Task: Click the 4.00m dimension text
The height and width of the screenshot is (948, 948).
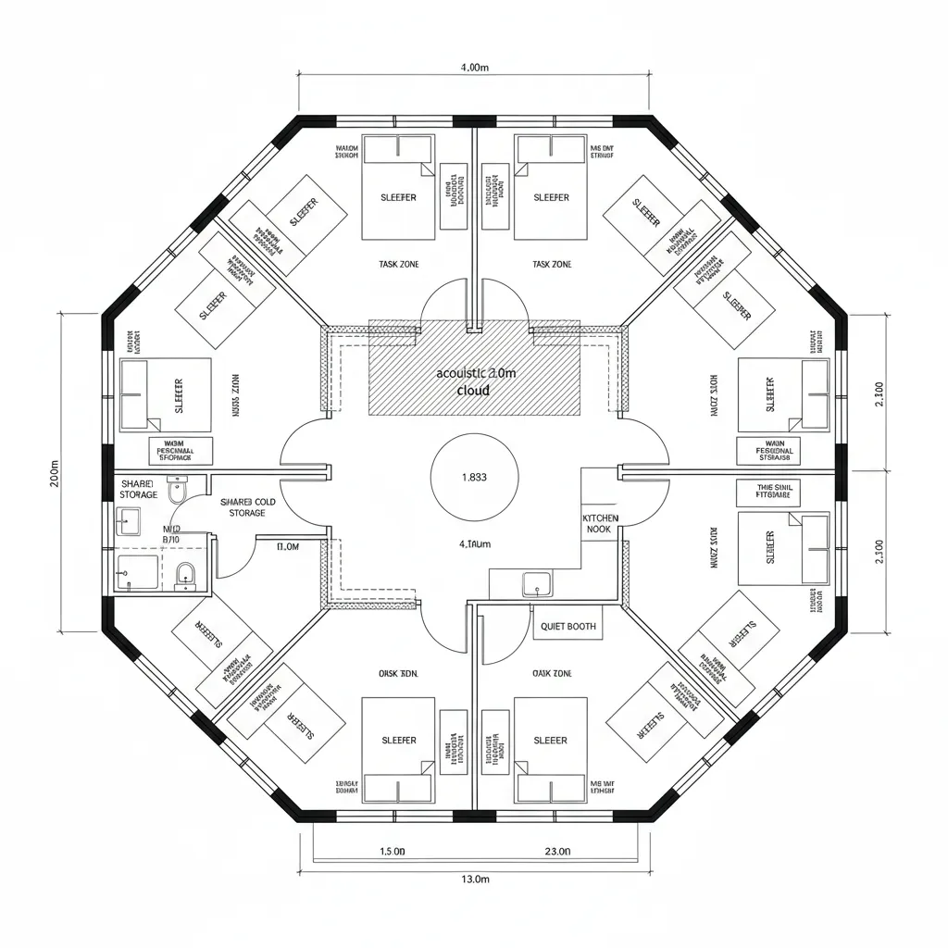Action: [474, 68]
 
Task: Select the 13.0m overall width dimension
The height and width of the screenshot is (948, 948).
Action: [474, 879]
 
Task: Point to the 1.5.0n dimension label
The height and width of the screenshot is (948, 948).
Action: [393, 851]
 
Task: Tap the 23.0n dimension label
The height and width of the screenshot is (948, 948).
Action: [557, 851]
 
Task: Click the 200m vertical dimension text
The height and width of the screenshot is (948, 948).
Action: [55, 473]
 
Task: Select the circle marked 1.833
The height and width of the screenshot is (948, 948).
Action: [474, 478]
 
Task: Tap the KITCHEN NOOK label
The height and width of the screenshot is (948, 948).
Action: [600, 524]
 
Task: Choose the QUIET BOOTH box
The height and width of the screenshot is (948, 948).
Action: [568, 627]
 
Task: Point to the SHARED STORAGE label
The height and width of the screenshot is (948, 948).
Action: [139, 489]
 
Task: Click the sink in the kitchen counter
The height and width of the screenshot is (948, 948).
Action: [536, 584]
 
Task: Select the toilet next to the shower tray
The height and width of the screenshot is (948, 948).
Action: [185, 575]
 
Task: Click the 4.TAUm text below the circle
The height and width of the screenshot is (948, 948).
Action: [474, 544]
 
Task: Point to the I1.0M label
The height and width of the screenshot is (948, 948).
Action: [287, 547]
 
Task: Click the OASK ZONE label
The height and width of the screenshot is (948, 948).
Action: [552, 674]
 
